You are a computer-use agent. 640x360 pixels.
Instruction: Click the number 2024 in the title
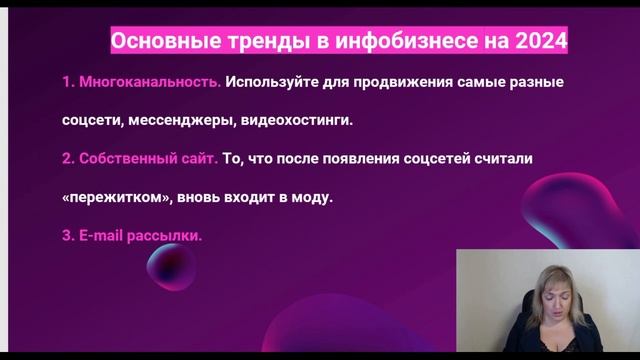[x=542, y=42]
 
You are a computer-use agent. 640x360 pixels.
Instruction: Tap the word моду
[x=311, y=197]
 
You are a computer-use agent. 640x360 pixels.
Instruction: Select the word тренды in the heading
[x=236, y=42]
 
